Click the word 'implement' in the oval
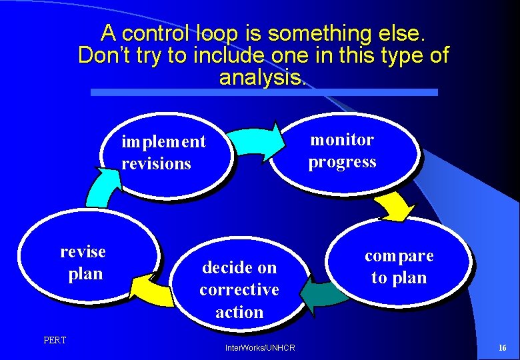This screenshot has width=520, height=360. click(x=163, y=141)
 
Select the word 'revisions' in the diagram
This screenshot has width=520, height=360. click(x=156, y=163)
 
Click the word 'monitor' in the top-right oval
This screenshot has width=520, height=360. click(x=342, y=139)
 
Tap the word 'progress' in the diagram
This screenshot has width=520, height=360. click(x=342, y=162)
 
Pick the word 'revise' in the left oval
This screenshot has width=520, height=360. click(x=83, y=251)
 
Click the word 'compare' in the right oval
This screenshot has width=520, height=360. click(x=399, y=255)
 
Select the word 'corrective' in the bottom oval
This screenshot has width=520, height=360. click(x=239, y=290)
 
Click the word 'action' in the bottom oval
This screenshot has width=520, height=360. click(x=239, y=312)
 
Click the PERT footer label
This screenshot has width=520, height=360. click(x=55, y=341)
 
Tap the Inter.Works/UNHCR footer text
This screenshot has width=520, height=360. click(x=260, y=348)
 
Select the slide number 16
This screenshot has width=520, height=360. click(x=502, y=348)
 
